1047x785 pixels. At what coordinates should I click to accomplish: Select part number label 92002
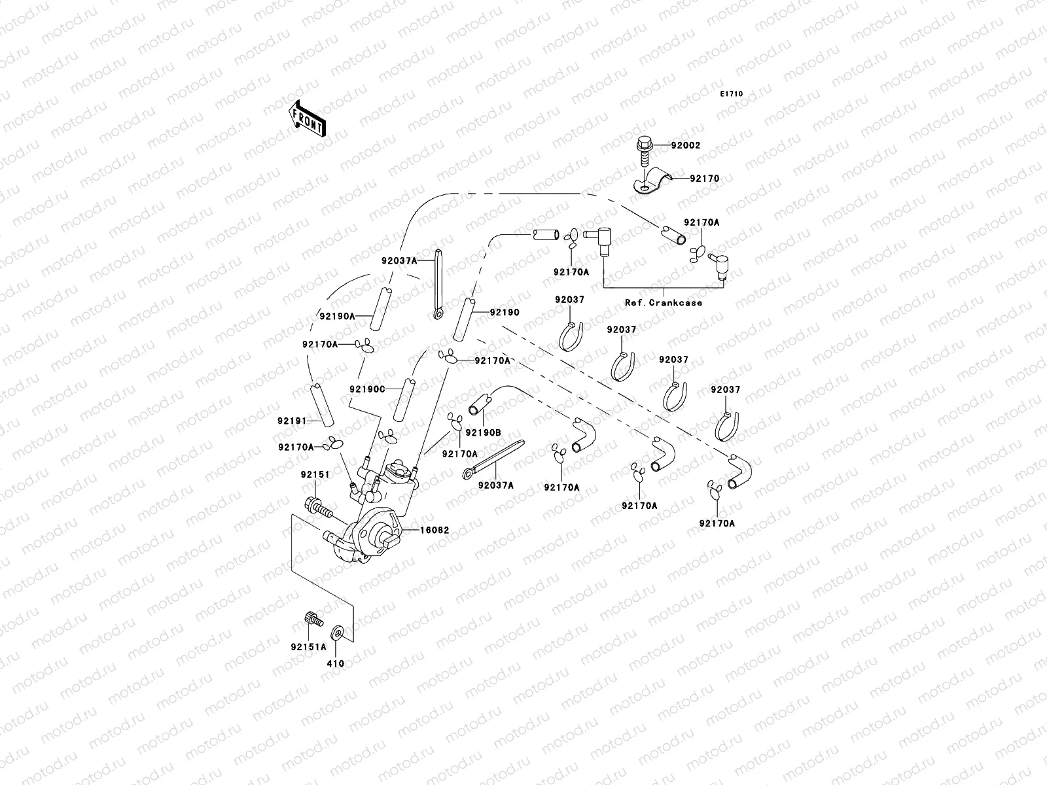[685, 145]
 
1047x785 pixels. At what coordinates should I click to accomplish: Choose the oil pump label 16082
[435, 530]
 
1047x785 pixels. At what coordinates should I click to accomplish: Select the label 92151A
[309, 647]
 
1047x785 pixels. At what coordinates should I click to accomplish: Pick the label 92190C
[366, 389]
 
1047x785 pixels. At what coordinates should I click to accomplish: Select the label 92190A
[337, 316]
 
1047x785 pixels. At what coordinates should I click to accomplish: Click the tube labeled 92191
[321, 404]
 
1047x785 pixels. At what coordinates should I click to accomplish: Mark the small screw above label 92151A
[312, 618]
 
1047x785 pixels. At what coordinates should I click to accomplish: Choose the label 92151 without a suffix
[315, 474]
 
